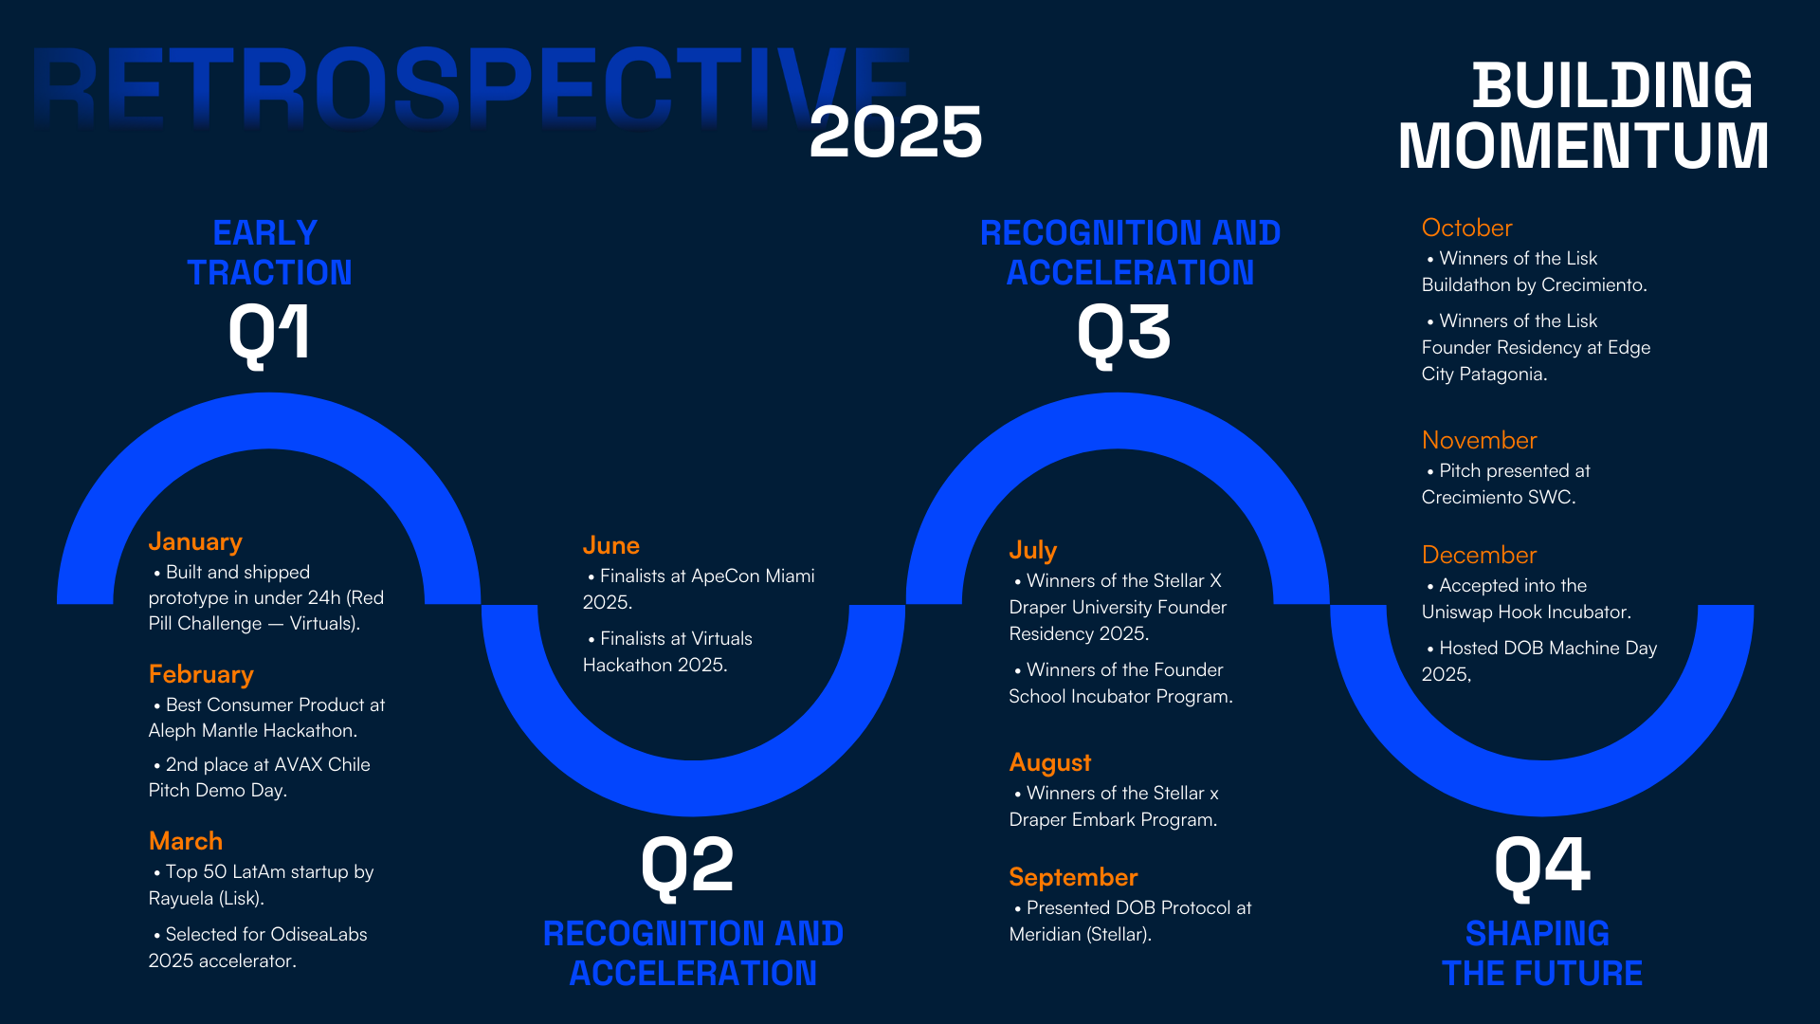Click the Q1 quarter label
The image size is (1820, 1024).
pyautogui.click(x=269, y=334)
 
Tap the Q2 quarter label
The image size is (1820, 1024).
pyautogui.click(x=688, y=865)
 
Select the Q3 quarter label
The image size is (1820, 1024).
pyautogui.click(x=1124, y=334)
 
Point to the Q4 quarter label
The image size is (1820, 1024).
pyautogui.click(x=1542, y=865)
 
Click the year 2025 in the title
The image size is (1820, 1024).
pyautogui.click(x=896, y=132)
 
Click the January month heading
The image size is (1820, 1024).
pyautogui.click(x=195, y=541)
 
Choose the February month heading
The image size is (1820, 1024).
pyautogui.click(x=201, y=674)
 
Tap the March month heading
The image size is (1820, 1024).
pyautogui.click(x=186, y=841)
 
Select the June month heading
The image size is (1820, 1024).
pyautogui.click(x=611, y=545)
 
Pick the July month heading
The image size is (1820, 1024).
pyautogui.click(x=1032, y=550)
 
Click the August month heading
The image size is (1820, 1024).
pyautogui.click(x=1050, y=762)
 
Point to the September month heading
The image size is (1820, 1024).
pyautogui.click(x=1073, y=877)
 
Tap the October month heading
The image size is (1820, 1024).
pyautogui.click(x=1466, y=228)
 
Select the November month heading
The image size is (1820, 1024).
pyautogui.click(x=1479, y=440)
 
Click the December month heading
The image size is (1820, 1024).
pyautogui.click(x=1479, y=555)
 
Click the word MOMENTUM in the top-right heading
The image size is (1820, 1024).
pyautogui.click(x=1583, y=146)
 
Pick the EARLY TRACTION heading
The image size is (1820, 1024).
pyautogui.click(x=269, y=252)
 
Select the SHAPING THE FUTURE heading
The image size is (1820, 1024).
pyautogui.click(x=1541, y=953)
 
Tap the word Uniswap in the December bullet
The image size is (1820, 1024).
pyautogui.click(x=1457, y=612)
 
